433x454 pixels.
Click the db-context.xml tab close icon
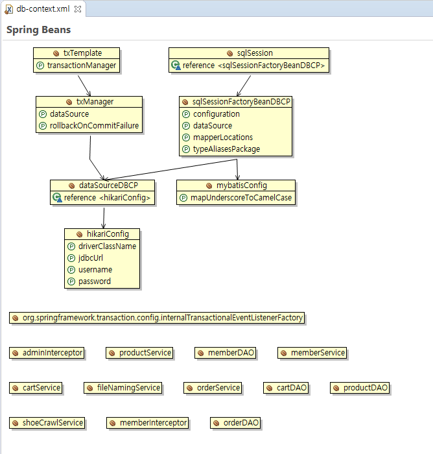click(78, 9)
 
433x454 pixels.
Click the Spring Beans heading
click(38, 30)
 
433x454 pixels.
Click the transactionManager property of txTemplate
click(82, 66)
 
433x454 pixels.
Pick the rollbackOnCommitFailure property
click(94, 126)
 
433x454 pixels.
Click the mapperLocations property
click(222, 137)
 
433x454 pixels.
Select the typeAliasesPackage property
click(226, 149)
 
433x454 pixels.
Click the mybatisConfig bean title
click(241, 185)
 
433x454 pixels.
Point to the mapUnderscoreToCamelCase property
click(240, 198)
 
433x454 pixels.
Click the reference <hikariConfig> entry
click(107, 198)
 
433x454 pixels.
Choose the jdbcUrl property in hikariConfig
click(90, 258)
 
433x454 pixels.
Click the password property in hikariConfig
click(94, 281)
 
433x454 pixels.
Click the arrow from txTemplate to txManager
click(84, 84)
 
